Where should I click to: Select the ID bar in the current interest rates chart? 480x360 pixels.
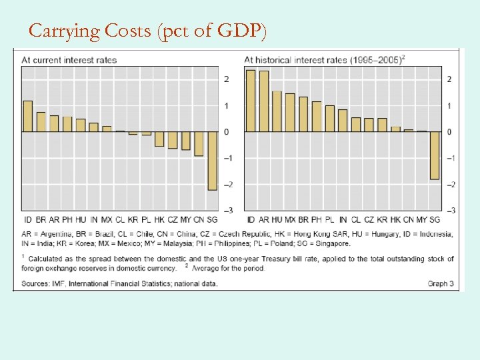28,117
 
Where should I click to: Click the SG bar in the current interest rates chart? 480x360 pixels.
212,161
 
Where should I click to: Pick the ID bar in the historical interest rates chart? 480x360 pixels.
251,101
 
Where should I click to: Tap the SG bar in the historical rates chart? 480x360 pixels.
435,155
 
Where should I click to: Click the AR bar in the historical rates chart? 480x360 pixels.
264,101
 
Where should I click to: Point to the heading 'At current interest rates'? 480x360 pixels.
69,60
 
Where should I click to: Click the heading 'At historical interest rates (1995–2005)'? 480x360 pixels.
325,60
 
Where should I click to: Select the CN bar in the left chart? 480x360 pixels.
199,144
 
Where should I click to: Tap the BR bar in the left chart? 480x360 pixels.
41,122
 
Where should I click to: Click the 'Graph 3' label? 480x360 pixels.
441,283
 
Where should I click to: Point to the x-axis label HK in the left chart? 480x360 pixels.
159,219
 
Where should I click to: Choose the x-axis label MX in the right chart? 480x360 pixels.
290,219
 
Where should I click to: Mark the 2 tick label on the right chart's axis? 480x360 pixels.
449,79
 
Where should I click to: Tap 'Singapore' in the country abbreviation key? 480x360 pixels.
330,243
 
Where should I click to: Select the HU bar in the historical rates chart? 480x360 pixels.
277,111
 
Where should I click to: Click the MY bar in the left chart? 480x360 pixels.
185,141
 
